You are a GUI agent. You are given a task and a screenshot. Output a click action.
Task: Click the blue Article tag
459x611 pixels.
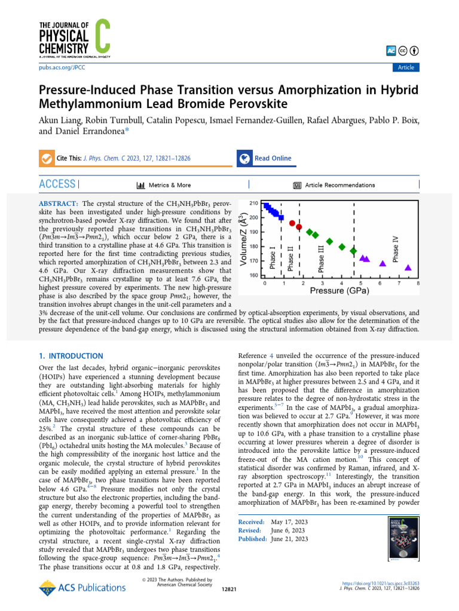point(406,67)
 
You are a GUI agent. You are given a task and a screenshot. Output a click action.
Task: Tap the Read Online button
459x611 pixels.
point(273,158)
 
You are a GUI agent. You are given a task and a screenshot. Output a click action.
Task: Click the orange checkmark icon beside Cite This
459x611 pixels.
point(46,159)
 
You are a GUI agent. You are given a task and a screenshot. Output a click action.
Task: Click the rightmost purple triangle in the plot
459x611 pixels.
point(408,268)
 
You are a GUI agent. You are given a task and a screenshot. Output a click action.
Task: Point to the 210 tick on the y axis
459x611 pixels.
point(254,203)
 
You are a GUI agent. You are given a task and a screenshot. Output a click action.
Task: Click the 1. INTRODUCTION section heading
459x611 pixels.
point(71,356)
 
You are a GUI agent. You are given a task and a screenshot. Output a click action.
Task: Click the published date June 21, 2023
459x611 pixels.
point(289,539)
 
